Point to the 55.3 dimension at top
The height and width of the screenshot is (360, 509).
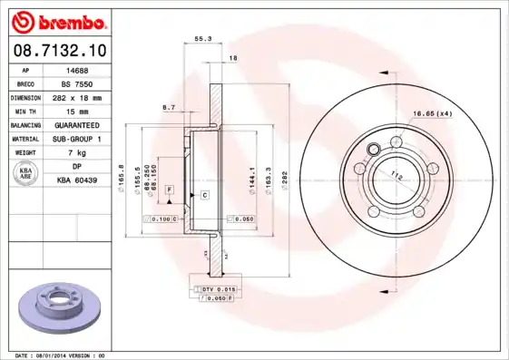[x=202, y=39]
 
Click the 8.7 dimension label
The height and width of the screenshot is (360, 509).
[x=168, y=108]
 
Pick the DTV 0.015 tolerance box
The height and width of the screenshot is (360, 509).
[x=214, y=287]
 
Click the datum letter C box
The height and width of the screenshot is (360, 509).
[x=205, y=195]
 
